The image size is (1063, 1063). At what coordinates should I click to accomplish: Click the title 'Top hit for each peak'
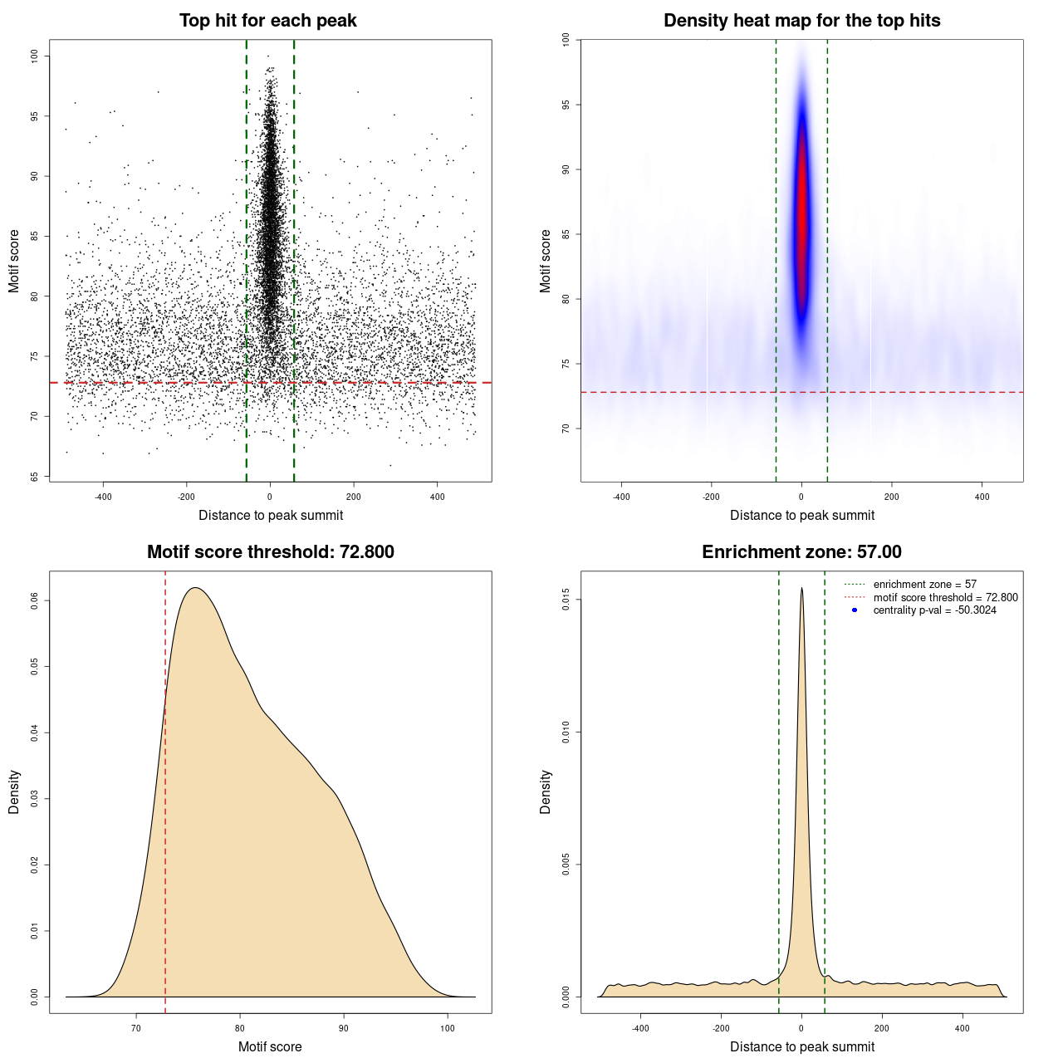[267, 21]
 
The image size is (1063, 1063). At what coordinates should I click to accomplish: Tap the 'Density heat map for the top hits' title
[801, 21]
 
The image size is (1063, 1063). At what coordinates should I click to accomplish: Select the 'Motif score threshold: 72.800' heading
[270, 552]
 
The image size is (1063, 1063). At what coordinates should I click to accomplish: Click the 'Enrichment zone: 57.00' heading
[801, 552]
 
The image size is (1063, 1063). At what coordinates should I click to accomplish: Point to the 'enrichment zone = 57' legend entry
[924, 585]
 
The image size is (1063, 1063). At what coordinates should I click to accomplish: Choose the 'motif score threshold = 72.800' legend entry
[945, 598]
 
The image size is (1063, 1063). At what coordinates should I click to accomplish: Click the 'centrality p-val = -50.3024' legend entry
[934, 610]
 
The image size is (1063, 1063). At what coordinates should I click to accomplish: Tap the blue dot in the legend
[855, 610]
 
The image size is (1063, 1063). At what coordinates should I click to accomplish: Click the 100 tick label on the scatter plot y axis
[35, 56]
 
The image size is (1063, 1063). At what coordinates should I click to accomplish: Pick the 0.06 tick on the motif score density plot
[35, 600]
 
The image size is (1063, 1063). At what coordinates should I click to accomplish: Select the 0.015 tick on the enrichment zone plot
[566, 600]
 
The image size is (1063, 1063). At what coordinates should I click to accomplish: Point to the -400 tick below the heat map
[621, 497]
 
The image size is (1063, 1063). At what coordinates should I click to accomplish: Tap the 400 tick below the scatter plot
[437, 497]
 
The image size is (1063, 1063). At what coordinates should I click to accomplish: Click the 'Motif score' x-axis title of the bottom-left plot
[270, 1046]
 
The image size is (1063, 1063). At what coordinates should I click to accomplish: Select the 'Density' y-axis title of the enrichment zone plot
[546, 791]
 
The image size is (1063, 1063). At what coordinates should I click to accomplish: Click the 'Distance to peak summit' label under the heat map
[801, 515]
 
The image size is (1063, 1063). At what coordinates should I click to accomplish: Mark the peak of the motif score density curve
[195, 588]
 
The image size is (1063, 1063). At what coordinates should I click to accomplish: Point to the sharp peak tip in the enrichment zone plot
[801, 588]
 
